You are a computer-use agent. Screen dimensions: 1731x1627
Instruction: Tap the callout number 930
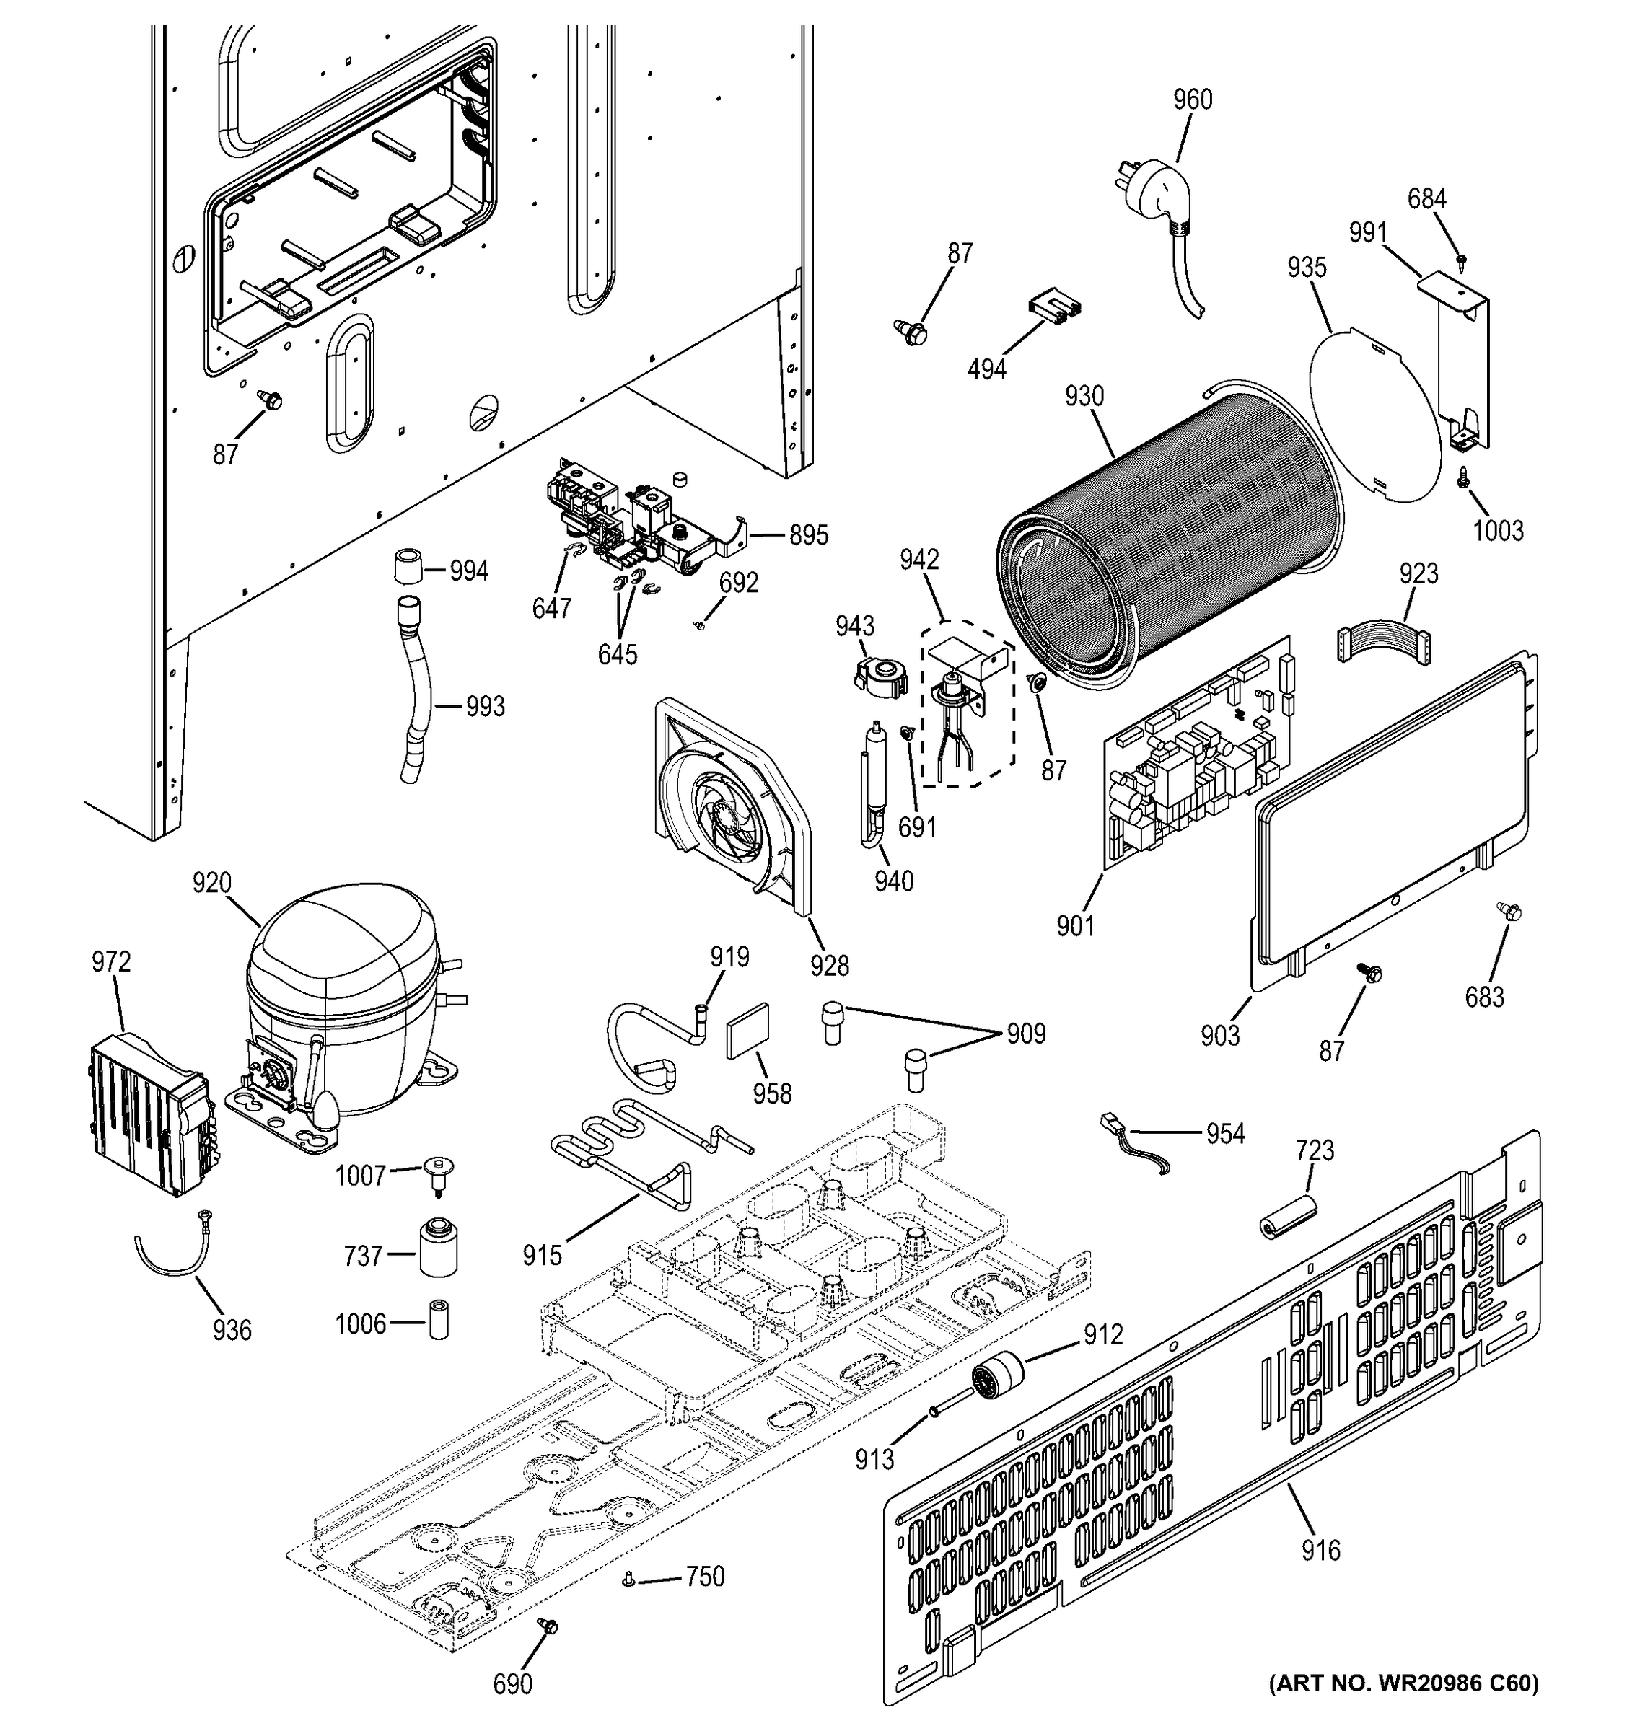click(x=1084, y=397)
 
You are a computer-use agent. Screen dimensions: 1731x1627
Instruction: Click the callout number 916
click(x=1320, y=1550)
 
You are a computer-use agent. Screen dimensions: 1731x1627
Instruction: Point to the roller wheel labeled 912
click(x=997, y=1378)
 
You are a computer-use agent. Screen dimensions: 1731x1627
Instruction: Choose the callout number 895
click(x=808, y=535)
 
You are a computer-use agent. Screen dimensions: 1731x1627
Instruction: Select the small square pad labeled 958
click(x=749, y=1032)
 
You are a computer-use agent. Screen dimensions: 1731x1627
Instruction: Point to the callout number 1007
click(x=361, y=1176)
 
